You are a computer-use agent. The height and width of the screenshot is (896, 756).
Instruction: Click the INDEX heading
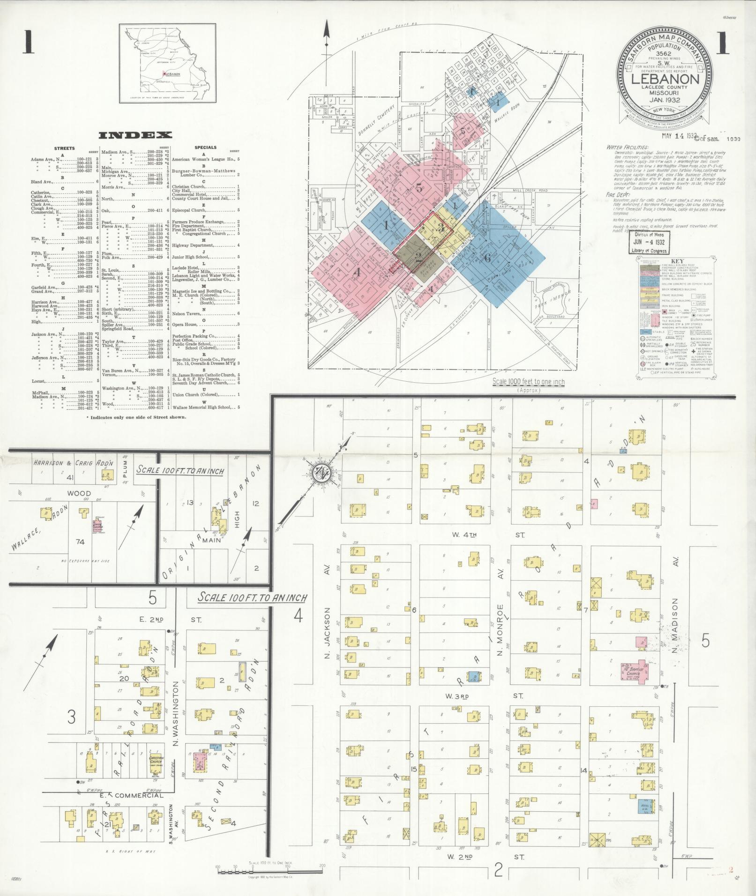point(135,135)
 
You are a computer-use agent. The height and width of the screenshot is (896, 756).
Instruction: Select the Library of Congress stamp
point(649,242)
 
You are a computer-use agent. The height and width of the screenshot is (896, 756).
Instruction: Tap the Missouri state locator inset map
point(167,63)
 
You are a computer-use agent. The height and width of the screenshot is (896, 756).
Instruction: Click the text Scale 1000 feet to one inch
point(529,382)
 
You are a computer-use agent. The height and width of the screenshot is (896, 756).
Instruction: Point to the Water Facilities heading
point(627,147)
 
